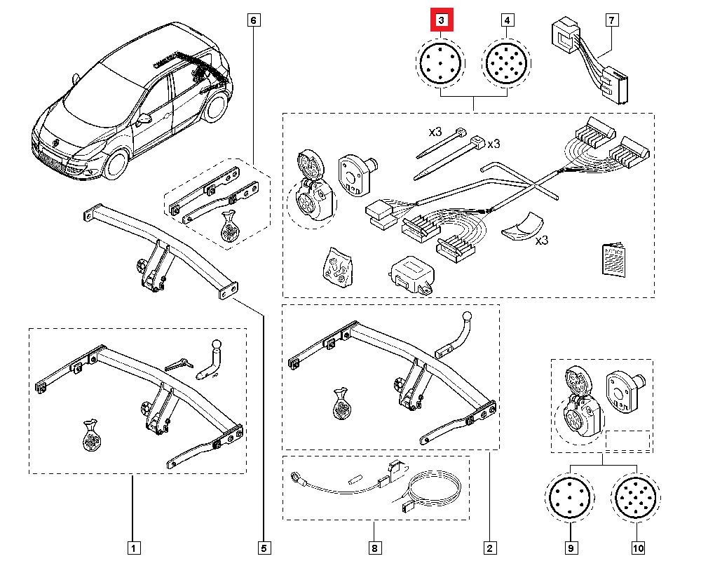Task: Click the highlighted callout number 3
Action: (x=442, y=21)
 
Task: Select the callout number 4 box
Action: (x=507, y=21)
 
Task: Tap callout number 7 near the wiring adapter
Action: (x=613, y=21)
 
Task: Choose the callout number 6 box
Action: (x=253, y=20)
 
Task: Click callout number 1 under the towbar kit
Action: (x=131, y=547)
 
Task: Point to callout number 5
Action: (x=264, y=547)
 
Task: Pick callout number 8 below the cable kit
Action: (x=374, y=547)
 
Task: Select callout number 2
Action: (x=489, y=547)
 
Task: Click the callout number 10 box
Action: (x=637, y=547)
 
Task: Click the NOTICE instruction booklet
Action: (x=613, y=260)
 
